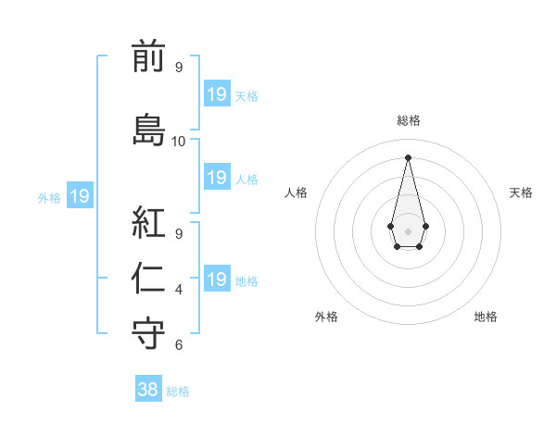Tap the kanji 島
pos(148,128)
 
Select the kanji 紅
pos(148,222)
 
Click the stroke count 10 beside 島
pos(178,142)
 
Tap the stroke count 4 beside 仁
pos(178,290)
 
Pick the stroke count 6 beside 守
pos(178,345)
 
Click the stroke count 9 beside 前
pos(178,68)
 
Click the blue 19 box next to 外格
pos(79,196)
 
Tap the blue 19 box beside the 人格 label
pos(216,178)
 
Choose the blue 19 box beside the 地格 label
pos(216,280)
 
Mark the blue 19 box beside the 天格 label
pos(216,93)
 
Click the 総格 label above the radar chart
pos(408,120)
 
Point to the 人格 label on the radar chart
pos(297,193)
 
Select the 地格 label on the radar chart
pos(486,317)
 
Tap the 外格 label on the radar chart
pos(326,317)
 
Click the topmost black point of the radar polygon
pos(408,156)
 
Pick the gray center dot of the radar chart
pos(408,230)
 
